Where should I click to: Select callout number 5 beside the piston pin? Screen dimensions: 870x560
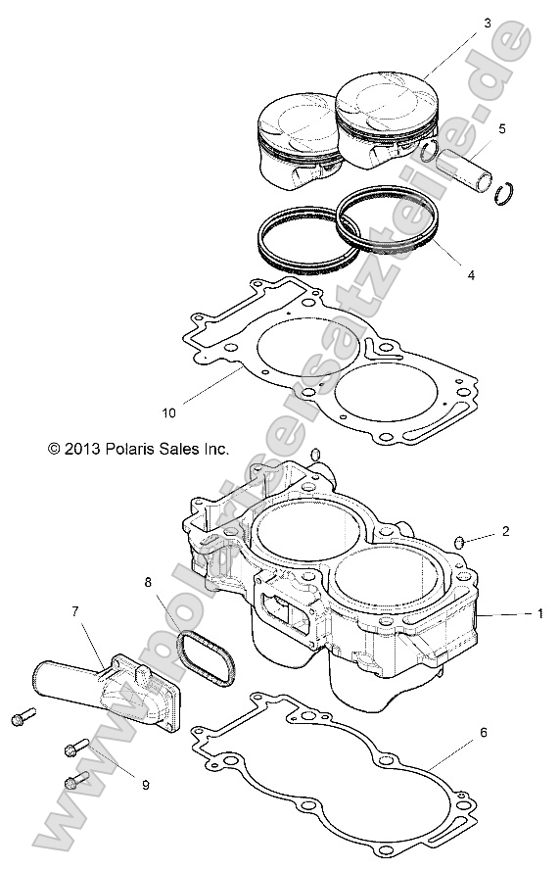(502, 128)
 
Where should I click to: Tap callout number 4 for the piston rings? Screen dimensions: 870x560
(471, 276)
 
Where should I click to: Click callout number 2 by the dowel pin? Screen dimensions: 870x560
(505, 532)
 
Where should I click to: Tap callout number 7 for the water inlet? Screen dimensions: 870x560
(74, 612)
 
